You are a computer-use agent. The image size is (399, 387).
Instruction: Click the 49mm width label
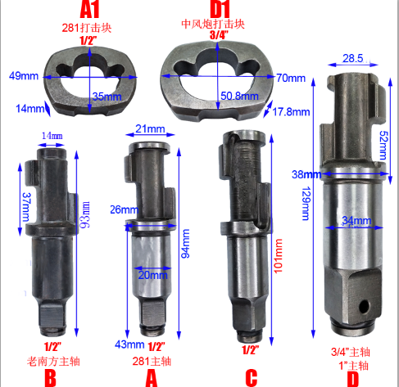[x=24, y=75]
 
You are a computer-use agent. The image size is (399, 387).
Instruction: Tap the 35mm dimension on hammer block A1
[x=107, y=97]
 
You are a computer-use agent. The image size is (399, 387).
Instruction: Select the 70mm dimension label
[x=291, y=79]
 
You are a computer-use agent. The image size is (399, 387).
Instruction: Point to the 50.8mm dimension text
[x=239, y=96]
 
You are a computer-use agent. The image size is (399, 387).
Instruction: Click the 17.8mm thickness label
[x=291, y=112]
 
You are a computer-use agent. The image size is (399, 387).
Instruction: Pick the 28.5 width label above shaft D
[x=353, y=58]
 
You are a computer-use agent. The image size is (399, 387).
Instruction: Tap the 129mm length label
[x=306, y=204]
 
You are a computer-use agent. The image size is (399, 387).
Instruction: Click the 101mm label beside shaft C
[x=278, y=256]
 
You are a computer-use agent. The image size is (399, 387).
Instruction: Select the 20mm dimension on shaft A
[x=152, y=275]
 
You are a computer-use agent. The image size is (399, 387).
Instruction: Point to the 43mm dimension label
[x=129, y=344]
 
